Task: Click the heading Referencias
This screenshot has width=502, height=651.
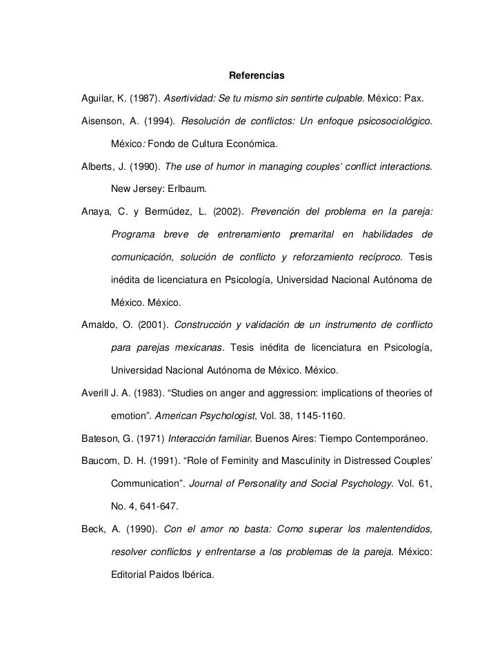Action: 257,74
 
